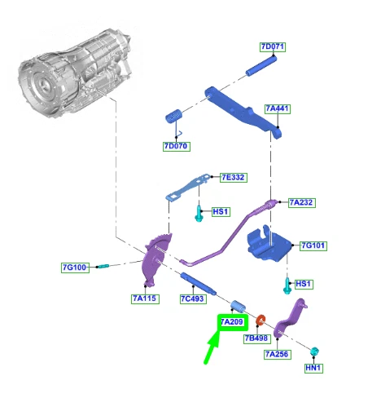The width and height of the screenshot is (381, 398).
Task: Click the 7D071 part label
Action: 273,46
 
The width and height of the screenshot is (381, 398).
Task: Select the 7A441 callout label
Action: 277,108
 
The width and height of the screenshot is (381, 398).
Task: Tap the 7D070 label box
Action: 177,146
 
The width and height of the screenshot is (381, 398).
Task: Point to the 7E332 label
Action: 234,178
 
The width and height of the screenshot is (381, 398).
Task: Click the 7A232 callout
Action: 301,202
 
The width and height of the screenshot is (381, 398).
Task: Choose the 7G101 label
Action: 313,245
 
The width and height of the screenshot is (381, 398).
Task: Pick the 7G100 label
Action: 75,268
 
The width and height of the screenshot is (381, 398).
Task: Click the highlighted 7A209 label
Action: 233,322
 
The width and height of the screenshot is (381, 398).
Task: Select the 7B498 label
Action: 256,338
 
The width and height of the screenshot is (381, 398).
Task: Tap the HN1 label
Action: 313,368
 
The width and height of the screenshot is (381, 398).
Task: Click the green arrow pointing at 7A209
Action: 212,347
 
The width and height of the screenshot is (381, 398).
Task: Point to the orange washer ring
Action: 261,321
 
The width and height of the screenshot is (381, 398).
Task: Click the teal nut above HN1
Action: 314,351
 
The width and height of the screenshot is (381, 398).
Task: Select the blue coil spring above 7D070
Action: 173,116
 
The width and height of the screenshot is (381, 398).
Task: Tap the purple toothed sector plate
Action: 156,260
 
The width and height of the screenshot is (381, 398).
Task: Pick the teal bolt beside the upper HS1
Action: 199,214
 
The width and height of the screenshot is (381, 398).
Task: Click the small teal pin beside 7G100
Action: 103,266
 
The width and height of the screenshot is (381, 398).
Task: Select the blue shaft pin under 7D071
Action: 261,65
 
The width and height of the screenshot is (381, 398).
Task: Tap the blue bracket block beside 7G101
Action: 269,246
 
